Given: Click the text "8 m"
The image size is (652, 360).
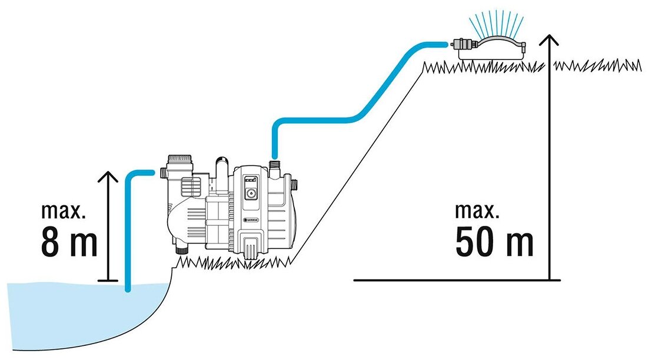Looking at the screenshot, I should pos(69,241).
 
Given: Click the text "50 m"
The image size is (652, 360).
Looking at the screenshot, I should pos(494,241).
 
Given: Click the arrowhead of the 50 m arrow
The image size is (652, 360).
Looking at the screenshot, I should pos(548,40).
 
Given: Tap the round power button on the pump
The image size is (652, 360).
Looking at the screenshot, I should pos(250,192).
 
